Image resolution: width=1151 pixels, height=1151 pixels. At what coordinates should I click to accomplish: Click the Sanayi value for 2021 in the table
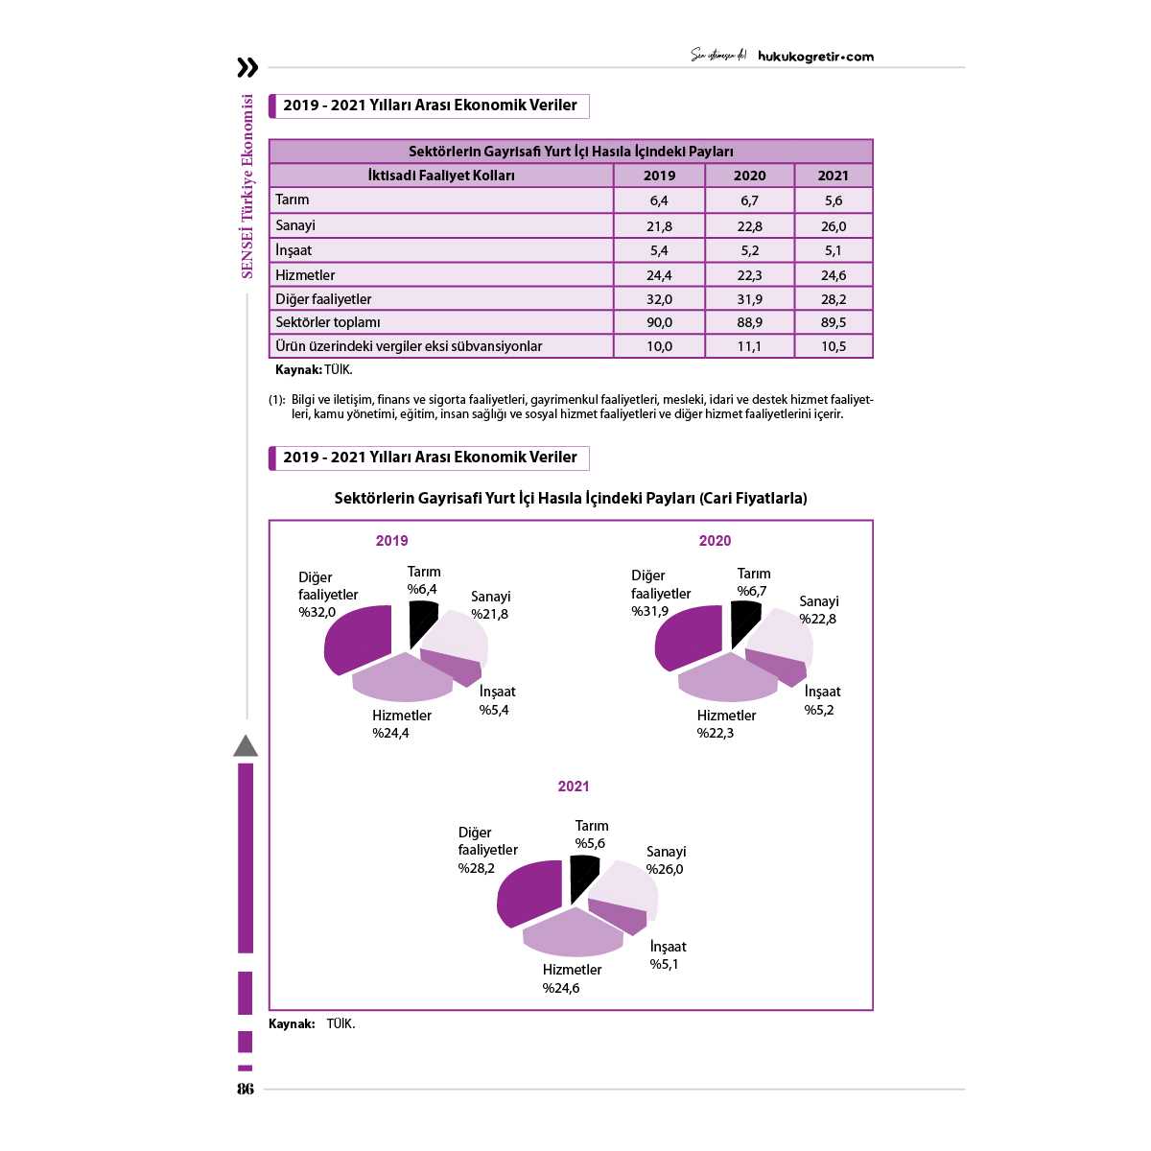[834, 226]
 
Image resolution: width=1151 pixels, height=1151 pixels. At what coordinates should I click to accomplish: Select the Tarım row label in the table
[293, 200]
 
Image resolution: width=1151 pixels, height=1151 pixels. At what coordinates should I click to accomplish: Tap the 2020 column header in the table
[749, 176]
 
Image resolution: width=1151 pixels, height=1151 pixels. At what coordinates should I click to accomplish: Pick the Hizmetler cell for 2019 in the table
[659, 275]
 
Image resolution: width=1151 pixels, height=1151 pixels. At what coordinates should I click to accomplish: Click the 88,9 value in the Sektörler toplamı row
[749, 322]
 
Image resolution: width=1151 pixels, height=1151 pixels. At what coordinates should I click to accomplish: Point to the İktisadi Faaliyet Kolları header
[441, 176]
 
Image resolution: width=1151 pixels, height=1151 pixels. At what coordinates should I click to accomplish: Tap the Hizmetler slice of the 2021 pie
[572, 933]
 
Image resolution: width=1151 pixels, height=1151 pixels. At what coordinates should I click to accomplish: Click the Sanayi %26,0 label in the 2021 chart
[666, 860]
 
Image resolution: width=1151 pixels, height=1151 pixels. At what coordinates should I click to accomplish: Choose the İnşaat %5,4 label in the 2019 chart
[497, 700]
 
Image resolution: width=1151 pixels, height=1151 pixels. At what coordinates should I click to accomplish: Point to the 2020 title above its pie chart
[715, 541]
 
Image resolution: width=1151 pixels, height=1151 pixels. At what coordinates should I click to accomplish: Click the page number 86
[246, 1089]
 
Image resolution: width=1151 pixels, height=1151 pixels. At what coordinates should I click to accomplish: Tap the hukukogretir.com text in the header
[815, 57]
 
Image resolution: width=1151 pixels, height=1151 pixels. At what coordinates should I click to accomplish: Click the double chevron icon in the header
[247, 67]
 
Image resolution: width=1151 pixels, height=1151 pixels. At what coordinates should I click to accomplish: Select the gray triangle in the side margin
[246, 746]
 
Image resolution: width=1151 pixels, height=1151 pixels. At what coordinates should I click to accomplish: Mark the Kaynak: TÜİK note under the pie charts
[312, 1023]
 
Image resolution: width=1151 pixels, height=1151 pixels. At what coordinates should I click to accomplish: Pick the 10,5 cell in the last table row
[834, 346]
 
